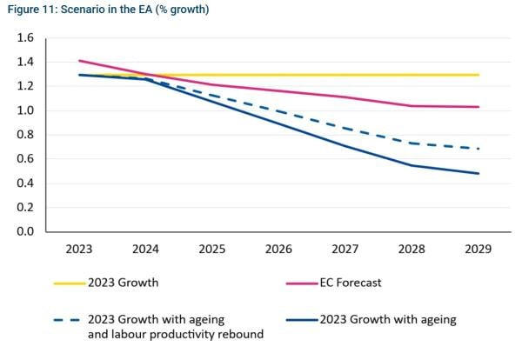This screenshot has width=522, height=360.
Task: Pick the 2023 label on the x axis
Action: [x=80, y=249]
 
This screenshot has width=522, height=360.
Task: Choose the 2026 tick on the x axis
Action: [x=278, y=249]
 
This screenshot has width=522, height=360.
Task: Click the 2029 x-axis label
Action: [x=478, y=249]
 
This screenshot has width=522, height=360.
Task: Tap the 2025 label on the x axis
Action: [x=212, y=249]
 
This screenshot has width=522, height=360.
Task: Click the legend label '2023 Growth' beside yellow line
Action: [x=122, y=283]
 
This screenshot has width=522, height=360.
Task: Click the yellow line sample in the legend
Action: [x=70, y=283]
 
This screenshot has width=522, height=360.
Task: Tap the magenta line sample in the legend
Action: [x=301, y=283]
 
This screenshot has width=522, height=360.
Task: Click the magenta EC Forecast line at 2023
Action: [x=80, y=61]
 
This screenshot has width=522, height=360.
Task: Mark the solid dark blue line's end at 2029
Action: [x=478, y=173]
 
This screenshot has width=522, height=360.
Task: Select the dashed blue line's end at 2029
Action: [x=478, y=149]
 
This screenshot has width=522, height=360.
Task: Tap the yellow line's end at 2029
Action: [x=478, y=75]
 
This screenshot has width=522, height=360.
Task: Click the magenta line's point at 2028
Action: [x=412, y=106]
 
